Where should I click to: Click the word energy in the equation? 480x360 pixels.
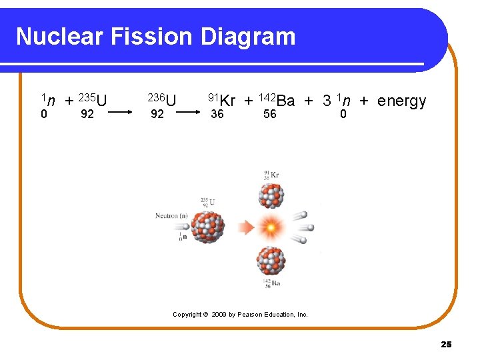401,101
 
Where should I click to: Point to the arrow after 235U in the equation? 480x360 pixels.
121,114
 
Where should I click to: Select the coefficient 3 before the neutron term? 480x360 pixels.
327,101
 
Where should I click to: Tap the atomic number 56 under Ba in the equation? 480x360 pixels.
269,114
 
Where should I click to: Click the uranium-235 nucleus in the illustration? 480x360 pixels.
208,227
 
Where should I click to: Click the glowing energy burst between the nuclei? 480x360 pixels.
271,228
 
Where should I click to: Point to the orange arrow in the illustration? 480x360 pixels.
247,228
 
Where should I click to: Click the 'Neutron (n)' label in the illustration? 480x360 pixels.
171,216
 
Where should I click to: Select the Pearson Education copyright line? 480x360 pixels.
240,314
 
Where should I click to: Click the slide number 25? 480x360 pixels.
446,344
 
